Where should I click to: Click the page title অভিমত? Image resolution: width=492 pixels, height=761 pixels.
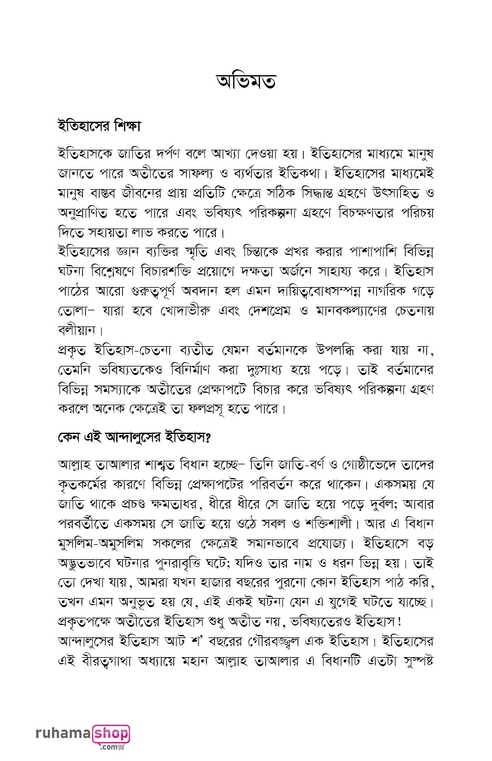[245, 81]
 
